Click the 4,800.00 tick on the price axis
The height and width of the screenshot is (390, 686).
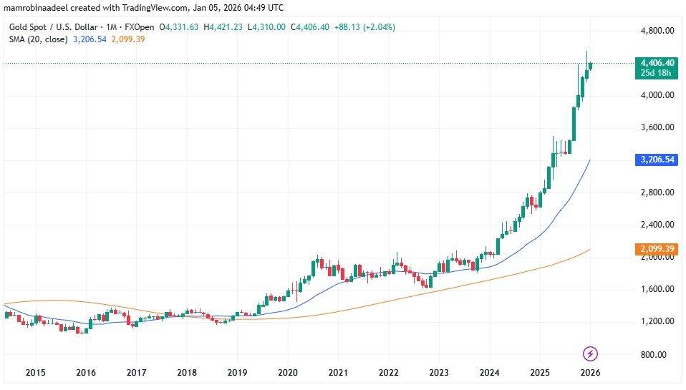(657, 31)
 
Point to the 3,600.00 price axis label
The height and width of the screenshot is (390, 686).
(657, 127)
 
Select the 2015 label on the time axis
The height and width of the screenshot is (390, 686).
(35, 373)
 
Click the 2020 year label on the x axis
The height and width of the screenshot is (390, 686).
(287, 373)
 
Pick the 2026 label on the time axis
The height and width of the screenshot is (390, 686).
(590, 373)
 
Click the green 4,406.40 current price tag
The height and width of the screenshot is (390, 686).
(657, 63)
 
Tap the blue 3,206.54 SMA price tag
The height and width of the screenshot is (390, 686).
(657, 160)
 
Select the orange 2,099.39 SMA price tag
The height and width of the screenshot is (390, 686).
(657, 249)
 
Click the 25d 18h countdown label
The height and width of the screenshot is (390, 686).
(657, 74)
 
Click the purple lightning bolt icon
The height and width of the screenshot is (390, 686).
(591, 354)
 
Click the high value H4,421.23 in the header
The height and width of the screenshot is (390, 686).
(226, 27)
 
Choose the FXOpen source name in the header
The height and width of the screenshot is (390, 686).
(139, 27)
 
